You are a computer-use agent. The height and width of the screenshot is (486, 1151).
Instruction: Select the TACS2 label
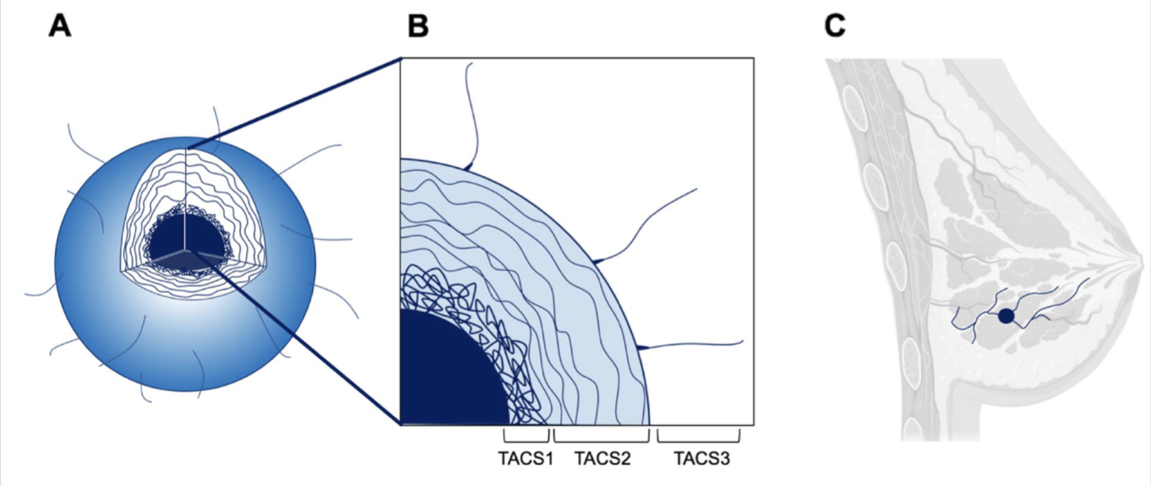[x=602, y=459]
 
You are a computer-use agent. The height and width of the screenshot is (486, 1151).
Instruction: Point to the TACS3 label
[x=698, y=459]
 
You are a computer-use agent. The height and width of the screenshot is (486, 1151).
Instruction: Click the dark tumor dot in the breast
[x=1006, y=316]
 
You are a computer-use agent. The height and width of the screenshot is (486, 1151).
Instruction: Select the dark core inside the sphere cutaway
[x=182, y=239]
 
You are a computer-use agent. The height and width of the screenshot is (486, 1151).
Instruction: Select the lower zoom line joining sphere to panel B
[x=304, y=342]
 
